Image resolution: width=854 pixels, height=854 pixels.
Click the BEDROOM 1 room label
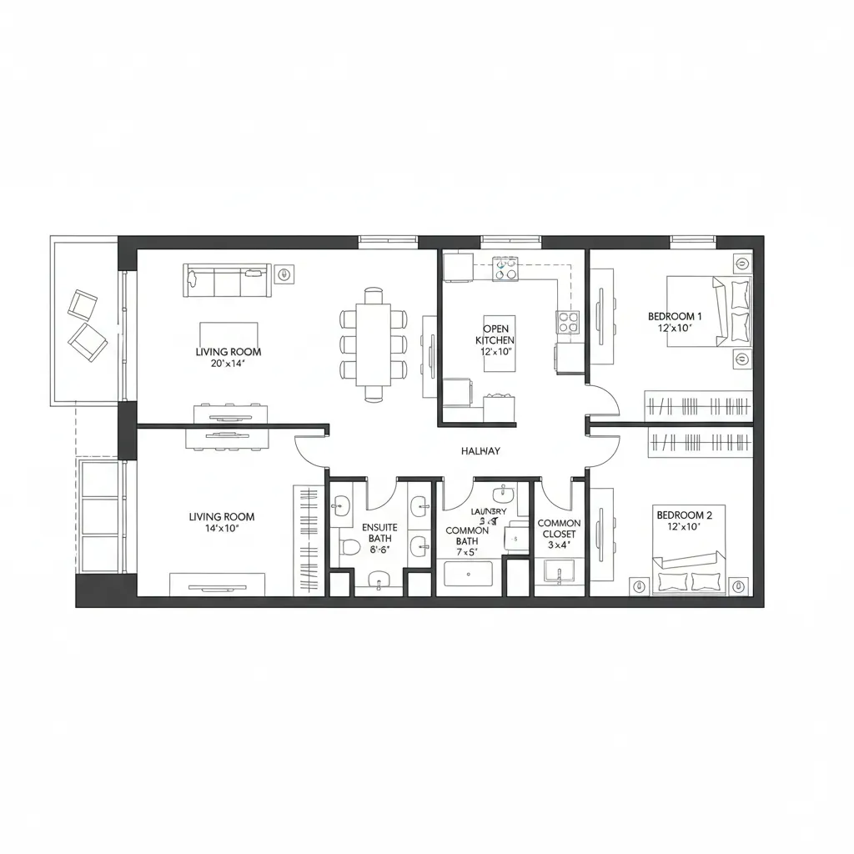pyautogui.click(x=675, y=317)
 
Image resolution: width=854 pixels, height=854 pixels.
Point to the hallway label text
pyautogui.click(x=480, y=450)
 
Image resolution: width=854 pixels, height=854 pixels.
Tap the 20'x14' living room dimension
pyautogui.click(x=217, y=364)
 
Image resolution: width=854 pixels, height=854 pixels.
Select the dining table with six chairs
pyautogui.click(x=373, y=344)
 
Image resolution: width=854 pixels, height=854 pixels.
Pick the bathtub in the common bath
pyautogui.click(x=469, y=575)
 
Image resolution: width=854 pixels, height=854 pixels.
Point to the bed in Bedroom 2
pyautogui.click(x=688, y=567)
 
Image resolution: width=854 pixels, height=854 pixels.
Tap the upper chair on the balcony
pyautogui.click(x=83, y=304)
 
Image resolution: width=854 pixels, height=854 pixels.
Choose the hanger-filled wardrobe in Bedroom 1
pyautogui.click(x=699, y=407)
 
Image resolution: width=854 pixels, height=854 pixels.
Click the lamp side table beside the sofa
pyautogui.click(x=285, y=273)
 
